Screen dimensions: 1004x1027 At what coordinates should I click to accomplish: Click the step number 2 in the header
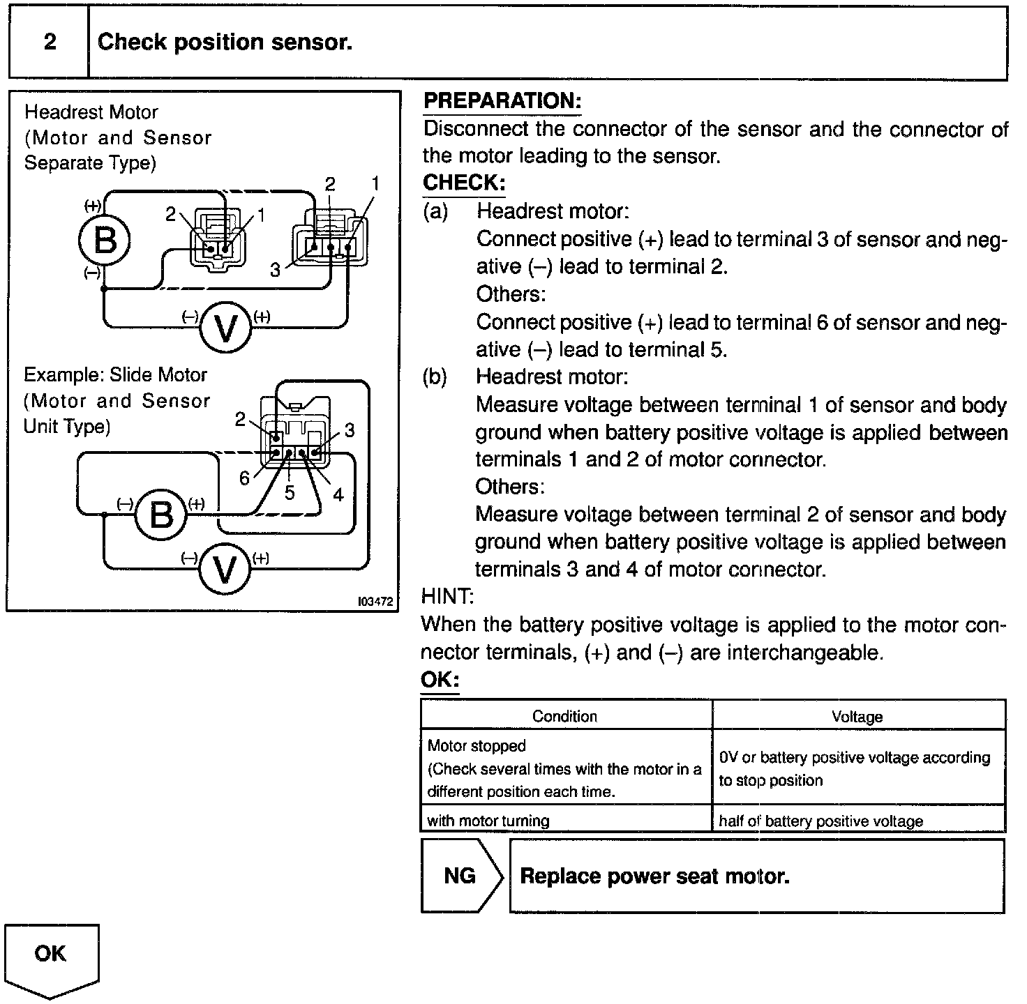click(50, 43)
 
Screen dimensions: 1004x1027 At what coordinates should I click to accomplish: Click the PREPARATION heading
click(502, 101)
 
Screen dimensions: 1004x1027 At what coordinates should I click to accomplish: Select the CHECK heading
click(463, 183)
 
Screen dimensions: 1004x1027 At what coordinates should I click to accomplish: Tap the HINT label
click(447, 597)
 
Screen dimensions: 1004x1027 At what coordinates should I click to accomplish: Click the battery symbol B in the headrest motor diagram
click(105, 241)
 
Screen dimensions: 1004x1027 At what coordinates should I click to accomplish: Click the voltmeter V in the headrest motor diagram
click(225, 328)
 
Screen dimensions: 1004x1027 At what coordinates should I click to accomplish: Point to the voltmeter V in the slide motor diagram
click(225, 570)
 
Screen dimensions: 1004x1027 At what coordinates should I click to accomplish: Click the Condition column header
click(564, 716)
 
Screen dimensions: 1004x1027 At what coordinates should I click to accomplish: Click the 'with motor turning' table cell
click(488, 821)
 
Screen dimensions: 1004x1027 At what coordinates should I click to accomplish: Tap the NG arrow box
click(460, 876)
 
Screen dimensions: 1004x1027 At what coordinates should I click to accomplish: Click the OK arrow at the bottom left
click(51, 956)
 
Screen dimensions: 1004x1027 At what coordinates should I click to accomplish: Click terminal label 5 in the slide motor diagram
click(290, 493)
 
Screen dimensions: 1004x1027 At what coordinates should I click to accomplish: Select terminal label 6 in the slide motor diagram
click(244, 478)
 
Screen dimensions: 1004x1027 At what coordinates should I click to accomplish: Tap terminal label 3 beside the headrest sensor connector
click(276, 270)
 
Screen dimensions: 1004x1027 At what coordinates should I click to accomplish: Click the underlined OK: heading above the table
click(440, 680)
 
